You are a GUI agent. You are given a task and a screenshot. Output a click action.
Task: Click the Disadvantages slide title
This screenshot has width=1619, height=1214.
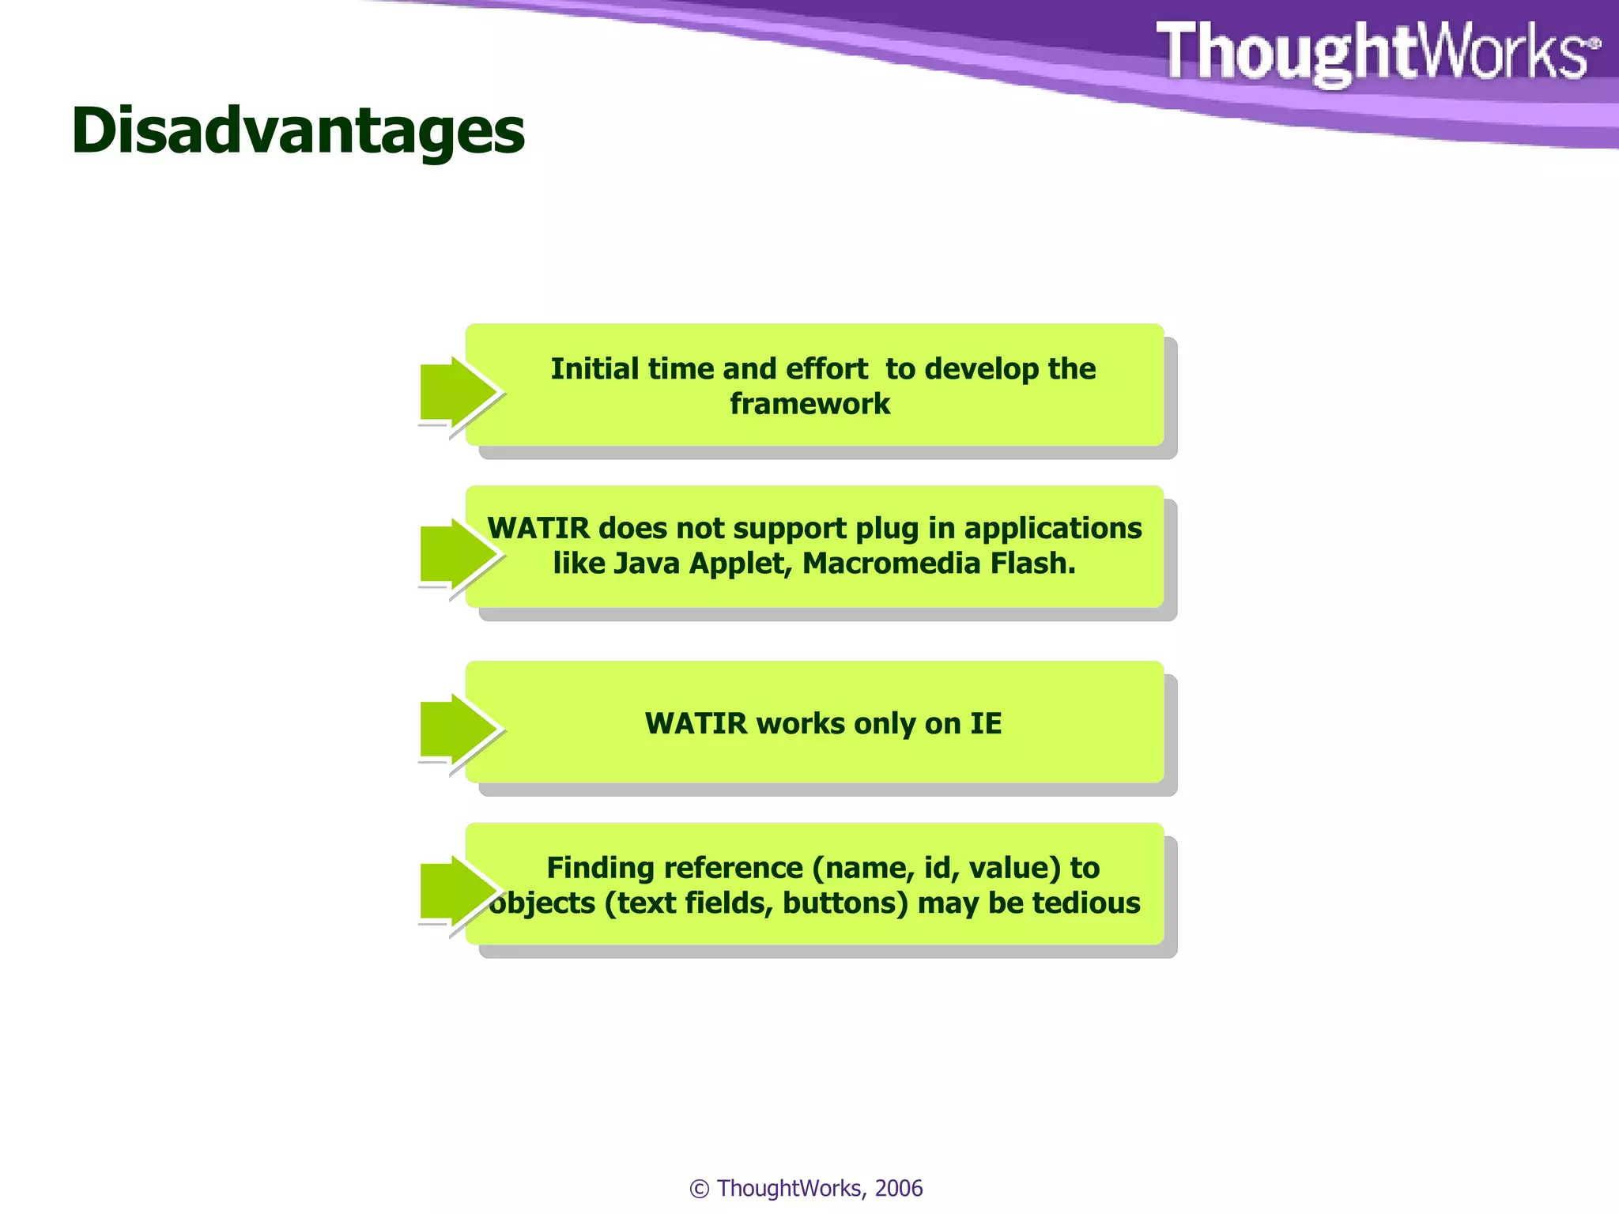[x=298, y=130]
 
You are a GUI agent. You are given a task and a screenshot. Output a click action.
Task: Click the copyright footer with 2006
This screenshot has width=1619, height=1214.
[x=806, y=1188]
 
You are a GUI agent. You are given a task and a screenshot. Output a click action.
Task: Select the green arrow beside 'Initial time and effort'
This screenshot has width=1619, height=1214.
[x=458, y=391]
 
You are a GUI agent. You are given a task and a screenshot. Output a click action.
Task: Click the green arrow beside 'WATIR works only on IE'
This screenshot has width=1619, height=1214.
[x=458, y=729]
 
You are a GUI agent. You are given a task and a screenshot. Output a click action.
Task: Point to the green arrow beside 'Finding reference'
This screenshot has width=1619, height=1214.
[x=458, y=891]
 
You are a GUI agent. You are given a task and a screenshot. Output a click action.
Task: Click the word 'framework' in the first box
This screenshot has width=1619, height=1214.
[x=809, y=404]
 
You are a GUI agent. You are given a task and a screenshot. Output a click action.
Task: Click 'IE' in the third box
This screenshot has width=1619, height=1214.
[x=986, y=724]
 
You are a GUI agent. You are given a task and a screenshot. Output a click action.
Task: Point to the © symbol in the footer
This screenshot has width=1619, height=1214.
[x=700, y=1189]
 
